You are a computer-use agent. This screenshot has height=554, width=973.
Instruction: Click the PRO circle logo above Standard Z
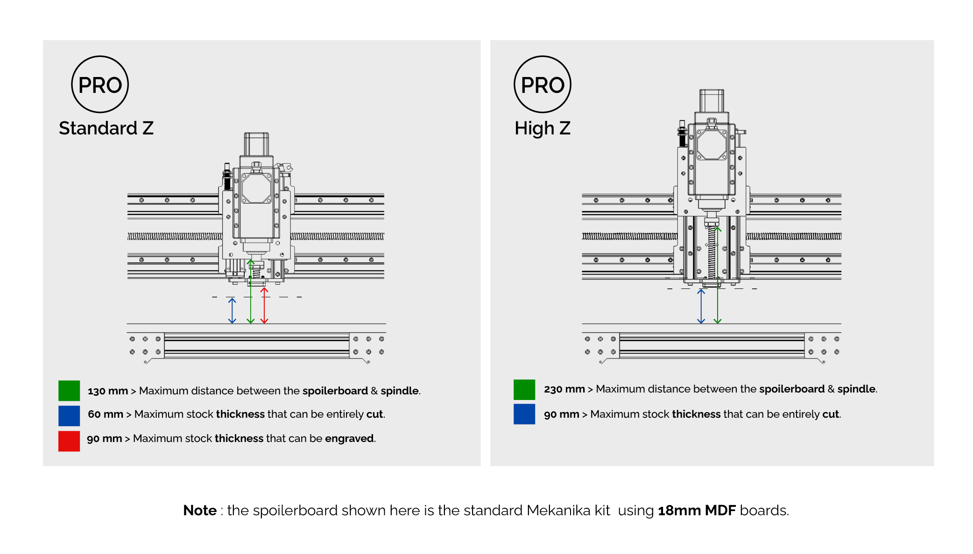tap(100, 84)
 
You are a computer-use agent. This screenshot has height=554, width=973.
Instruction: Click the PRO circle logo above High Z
tap(543, 84)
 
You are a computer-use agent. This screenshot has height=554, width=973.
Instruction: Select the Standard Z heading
tap(106, 128)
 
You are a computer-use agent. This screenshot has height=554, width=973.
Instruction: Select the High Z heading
tap(543, 128)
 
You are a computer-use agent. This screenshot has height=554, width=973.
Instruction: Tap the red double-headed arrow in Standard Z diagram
tap(264, 306)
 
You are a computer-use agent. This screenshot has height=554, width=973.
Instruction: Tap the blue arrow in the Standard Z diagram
tap(232, 310)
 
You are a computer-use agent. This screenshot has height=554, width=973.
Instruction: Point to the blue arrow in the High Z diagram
tap(701, 306)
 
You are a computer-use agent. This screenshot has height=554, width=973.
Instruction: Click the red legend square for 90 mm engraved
tap(69, 441)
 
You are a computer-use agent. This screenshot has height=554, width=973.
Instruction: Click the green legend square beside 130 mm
tap(69, 391)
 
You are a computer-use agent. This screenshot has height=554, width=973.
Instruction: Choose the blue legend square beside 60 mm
tap(69, 416)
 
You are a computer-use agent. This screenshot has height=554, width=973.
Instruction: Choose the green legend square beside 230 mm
tap(524, 390)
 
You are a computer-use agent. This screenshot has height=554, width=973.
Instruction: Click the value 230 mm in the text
tap(564, 389)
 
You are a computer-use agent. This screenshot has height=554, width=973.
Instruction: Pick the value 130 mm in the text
tap(108, 391)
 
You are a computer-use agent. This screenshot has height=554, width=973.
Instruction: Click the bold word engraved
tap(349, 439)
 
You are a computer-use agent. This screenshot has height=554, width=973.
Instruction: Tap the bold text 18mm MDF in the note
tap(697, 511)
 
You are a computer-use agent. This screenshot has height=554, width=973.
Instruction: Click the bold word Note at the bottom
tap(200, 511)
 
